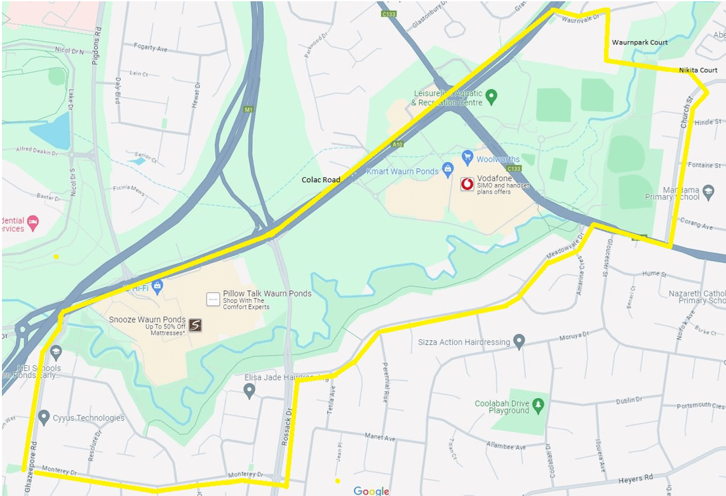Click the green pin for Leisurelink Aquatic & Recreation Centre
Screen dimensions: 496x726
[491, 97]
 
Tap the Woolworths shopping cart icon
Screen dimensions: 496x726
[467, 156]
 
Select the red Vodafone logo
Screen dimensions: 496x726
[467, 185]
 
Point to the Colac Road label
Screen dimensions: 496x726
[321, 180]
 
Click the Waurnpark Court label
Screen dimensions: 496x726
[640, 43]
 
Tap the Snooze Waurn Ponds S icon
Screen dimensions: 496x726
[195, 325]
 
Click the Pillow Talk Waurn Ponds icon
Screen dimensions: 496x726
[213, 299]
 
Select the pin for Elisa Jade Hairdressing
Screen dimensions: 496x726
[249, 390]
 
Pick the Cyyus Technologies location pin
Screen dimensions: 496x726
[44, 417]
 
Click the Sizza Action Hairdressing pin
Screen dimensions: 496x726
[520, 341]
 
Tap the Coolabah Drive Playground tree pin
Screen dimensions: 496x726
[539, 405]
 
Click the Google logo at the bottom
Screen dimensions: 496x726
[371, 491]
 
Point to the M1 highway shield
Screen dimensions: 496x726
[248, 109]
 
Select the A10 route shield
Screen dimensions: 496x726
[398, 145]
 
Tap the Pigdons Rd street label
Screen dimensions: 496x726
[98, 40]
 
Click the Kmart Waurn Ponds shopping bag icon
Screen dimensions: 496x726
[448, 168]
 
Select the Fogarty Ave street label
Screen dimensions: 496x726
[151, 47]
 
